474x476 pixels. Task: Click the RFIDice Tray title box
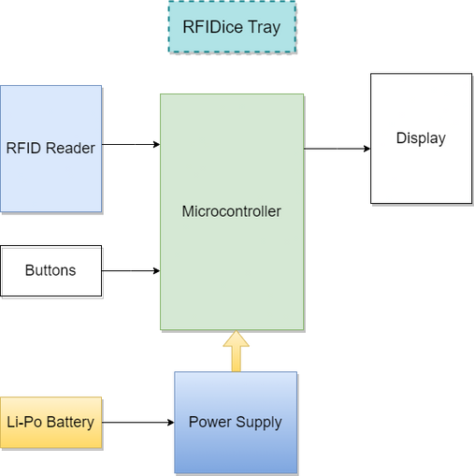point(232,27)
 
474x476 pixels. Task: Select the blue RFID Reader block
point(51,149)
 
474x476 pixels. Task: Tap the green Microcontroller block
point(232,211)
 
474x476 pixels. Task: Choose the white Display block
point(421,138)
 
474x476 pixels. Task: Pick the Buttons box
point(51,270)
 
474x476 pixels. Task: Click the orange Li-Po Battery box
point(51,423)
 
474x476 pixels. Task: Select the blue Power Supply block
point(236,423)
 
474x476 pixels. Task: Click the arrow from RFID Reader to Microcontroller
point(131,144)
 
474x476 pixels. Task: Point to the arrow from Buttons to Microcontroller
point(131,270)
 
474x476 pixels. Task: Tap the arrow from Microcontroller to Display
point(338,149)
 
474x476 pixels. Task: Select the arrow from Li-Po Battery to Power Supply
point(138,423)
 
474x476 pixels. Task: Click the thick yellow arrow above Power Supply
point(236,351)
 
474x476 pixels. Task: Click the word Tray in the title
point(265,27)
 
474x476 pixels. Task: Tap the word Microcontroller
point(232,211)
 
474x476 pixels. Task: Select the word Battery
point(70,423)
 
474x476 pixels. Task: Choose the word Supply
point(259,423)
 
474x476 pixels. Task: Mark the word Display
point(421,138)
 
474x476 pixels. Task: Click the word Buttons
point(50,270)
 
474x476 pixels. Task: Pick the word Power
point(210,422)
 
